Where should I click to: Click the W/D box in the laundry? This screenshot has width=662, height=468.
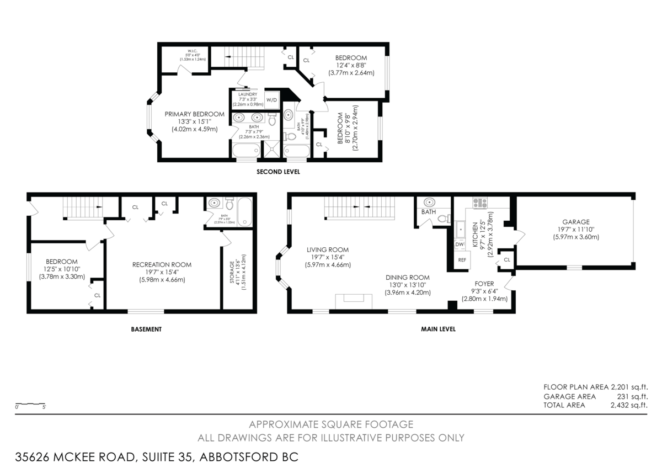coord(271,100)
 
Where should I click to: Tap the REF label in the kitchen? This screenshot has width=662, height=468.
coord(461,259)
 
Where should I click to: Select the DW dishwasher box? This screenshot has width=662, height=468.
coord(460,244)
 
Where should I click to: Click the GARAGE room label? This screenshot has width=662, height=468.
coord(576,222)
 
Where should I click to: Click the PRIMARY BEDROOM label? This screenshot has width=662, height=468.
coord(194,114)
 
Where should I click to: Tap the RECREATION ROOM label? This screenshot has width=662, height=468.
coord(162,265)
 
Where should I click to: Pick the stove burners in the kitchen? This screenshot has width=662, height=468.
coord(479,203)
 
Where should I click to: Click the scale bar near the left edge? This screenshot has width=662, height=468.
coord(30,404)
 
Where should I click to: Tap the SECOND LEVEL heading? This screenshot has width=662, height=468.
coord(278,172)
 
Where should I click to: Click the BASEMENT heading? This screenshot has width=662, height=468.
coord(146,329)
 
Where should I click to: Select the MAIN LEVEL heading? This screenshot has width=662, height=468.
coord(439,329)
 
